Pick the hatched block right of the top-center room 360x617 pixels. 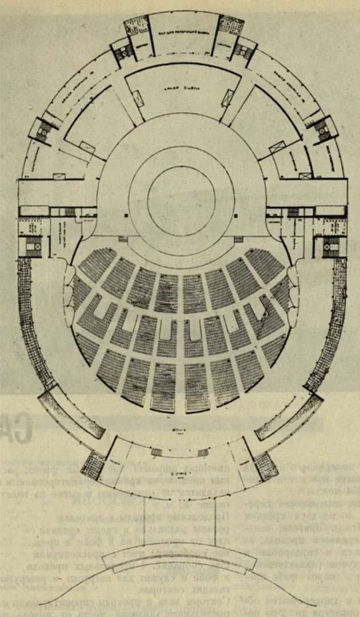(x=231, y=25)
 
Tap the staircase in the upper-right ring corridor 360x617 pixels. (x=323, y=129)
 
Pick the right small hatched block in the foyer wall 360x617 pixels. (x=203, y=453)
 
